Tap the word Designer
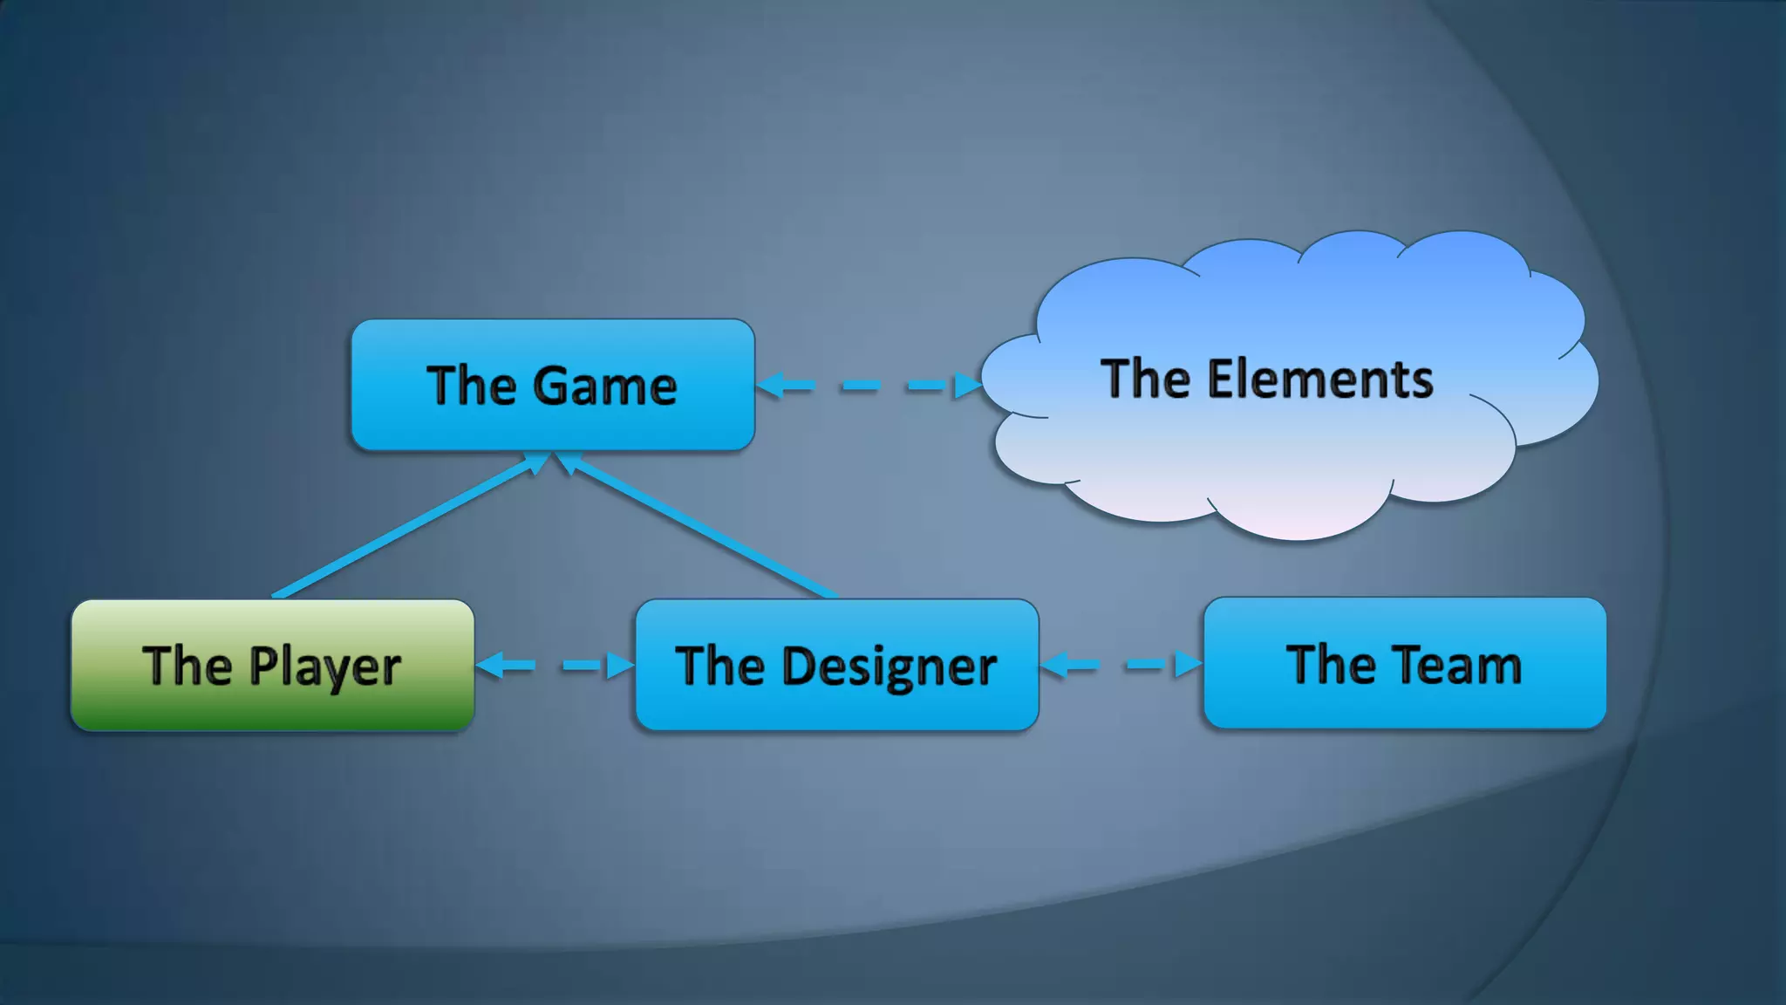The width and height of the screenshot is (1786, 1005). (x=890, y=667)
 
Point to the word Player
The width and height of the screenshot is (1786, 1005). (x=324, y=667)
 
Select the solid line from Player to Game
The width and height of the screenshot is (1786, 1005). (x=401, y=529)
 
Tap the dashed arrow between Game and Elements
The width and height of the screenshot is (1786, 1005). (x=869, y=386)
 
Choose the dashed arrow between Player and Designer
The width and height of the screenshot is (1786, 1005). (x=555, y=667)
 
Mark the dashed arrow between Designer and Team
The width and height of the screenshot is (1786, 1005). (x=1121, y=666)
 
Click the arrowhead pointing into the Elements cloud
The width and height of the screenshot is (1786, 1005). (x=968, y=386)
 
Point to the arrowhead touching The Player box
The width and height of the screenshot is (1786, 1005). (x=490, y=667)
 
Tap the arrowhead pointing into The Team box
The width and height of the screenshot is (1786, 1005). (x=1188, y=665)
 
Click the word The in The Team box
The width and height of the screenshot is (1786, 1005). (x=1331, y=665)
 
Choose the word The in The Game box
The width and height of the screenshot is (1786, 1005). (x=472, y=386)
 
